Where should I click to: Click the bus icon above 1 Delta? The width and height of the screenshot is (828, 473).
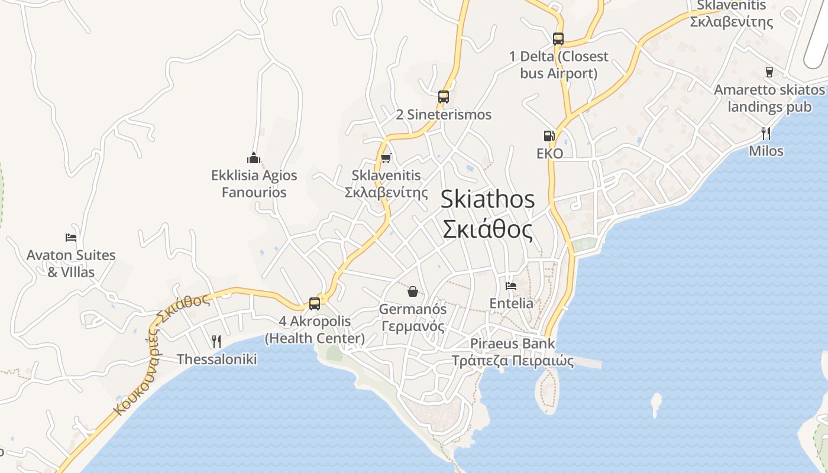click(x=558, y=39)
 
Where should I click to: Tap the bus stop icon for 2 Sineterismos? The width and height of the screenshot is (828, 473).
click(x=444, y=97)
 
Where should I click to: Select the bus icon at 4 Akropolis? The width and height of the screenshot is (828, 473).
click(x=315, y=304)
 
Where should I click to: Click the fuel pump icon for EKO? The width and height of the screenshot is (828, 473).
click(x=549, y=136)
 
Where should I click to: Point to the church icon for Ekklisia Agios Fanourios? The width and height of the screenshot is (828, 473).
click(x=254, y=158)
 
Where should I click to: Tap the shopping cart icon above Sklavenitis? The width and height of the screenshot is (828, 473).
click(x=386, y=158)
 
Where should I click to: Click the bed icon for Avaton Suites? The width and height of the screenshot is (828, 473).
click(x=71, y=238)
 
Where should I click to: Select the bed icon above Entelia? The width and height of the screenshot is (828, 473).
click(x=511, y=286)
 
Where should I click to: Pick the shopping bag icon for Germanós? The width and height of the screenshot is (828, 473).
click(x=413, y=291)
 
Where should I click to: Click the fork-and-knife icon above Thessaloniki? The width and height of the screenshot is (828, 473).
click(x=216, y=342)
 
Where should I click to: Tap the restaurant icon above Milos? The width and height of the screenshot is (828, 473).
click(x=766, y=134)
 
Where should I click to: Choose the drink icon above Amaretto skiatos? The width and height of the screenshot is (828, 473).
click(x=769, y=72)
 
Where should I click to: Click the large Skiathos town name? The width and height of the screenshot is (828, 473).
click(x=488, y=199)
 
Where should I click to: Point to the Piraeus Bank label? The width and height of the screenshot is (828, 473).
click(x=513, y=344)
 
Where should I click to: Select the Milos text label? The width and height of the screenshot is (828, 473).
click(x=766, y=151)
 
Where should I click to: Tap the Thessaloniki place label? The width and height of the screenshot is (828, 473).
click(x=217, y=359)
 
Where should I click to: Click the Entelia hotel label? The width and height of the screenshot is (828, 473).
click(x=512, y=303)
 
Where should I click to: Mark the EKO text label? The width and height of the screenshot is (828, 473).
click(x=549, y=154)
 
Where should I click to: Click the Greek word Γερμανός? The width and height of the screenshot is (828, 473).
click(x=413, y=326)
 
